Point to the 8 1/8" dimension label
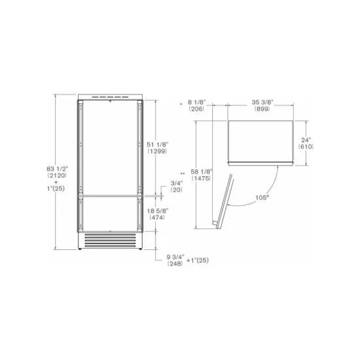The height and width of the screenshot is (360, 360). (x=197, y=102)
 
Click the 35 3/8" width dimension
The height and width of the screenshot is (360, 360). (x=262, y=102)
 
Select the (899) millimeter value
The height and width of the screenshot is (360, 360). (x=262, y=109)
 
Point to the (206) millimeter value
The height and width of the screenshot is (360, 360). (x=197, y=109)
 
